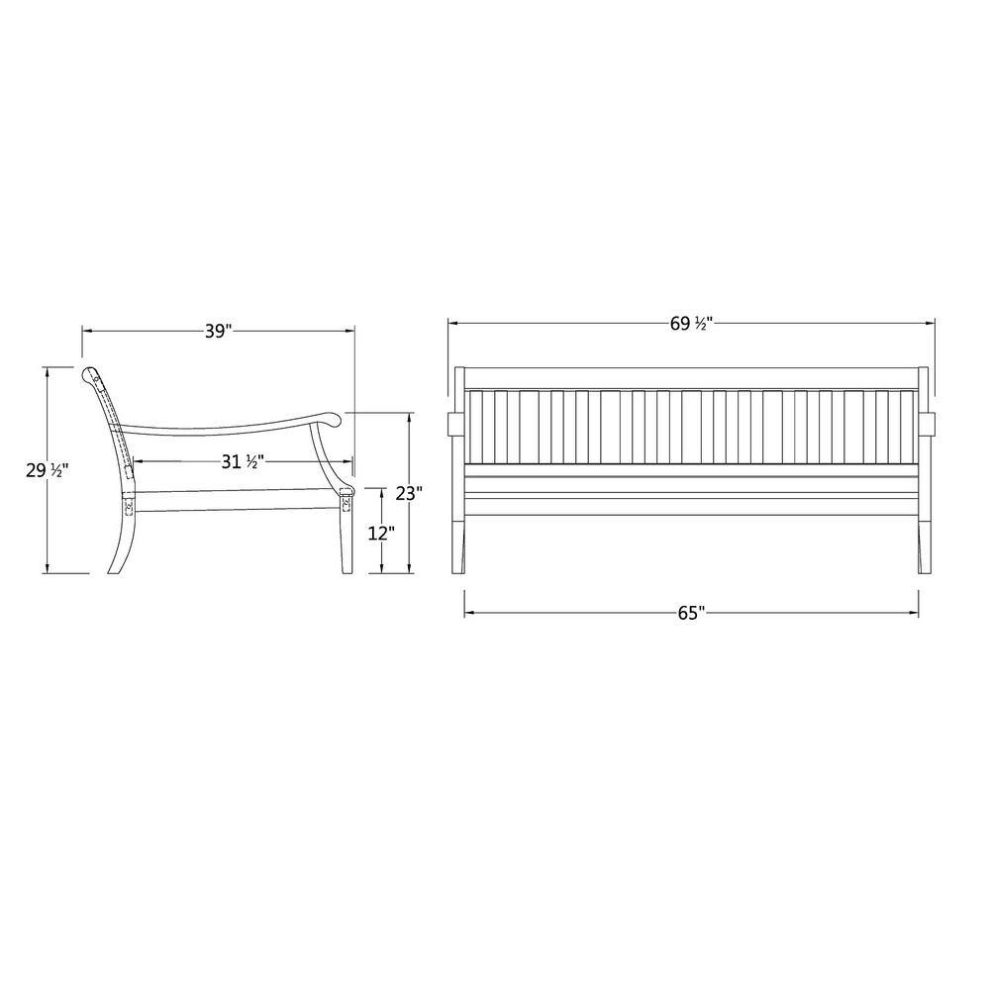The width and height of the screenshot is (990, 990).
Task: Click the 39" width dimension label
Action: click(219, 331)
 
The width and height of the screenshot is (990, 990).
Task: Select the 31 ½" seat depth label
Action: click(243, 461)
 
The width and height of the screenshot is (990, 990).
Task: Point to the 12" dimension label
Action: click(381, 534)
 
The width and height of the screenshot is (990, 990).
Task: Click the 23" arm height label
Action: click(409, 493)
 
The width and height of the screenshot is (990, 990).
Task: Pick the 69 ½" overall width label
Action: click(691, 324)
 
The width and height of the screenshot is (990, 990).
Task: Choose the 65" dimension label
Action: click(691, 613)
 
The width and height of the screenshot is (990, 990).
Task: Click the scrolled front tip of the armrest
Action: click(334, 419)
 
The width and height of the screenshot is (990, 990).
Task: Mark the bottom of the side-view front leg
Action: click(346, 572)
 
